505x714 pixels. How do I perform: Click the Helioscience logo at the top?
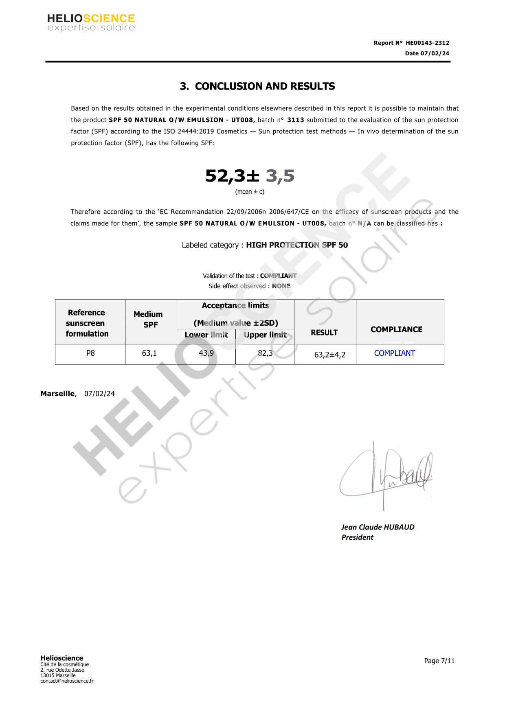[x=91, y=22]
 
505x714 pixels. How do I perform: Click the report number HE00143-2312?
[x=427, y=43]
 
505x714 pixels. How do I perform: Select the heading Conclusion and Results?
[x=257, y=86]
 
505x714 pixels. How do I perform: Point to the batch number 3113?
[x=296, y=120]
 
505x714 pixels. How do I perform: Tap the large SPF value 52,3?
[x=225, y=176]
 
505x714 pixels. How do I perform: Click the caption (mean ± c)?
[x=250, y=192]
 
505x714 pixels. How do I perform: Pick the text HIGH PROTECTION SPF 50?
[x=297, y=245]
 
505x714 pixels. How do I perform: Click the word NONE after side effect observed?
[x=281, y=286]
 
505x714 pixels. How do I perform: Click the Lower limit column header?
[x=206, y=335]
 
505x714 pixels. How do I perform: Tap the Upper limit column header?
[x=265, y=335]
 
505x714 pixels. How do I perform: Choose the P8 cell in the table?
[x=90, y=353]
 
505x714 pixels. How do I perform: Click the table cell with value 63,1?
[x=149, y=353]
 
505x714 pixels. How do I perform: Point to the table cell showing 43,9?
[x=206, y=353]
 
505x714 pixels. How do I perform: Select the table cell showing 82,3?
[x=265, y=353]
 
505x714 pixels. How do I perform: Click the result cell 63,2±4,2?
[x=329, y=355]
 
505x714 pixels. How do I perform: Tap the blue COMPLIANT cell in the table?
[x=394, y=353]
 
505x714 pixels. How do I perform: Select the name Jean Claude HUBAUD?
[x=378, y=527]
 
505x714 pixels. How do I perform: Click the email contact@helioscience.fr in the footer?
[x=67, y=681]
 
